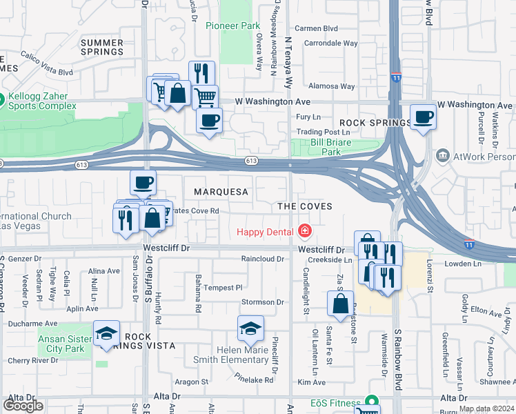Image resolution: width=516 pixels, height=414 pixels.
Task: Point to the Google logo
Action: click(23, 406)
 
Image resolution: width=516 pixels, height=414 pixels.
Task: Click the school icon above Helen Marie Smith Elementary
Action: click(250, 328)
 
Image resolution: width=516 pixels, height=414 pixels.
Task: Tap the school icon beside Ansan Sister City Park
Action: click(107, 334)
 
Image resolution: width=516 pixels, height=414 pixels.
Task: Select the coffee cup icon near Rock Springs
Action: click(423, 117)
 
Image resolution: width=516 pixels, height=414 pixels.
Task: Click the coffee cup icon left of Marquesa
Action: click(143, 183)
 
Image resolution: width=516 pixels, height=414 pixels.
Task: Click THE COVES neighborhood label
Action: click(304, 206)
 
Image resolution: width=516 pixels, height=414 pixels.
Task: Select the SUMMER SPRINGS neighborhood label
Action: click(102, 47)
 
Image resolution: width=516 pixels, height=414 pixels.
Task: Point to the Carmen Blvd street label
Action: click(316, 29)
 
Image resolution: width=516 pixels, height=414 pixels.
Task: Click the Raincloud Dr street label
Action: click(262, 259)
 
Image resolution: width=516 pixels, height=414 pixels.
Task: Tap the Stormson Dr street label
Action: click(263, 302)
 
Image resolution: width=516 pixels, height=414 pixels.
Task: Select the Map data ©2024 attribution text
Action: click(486, 408)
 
